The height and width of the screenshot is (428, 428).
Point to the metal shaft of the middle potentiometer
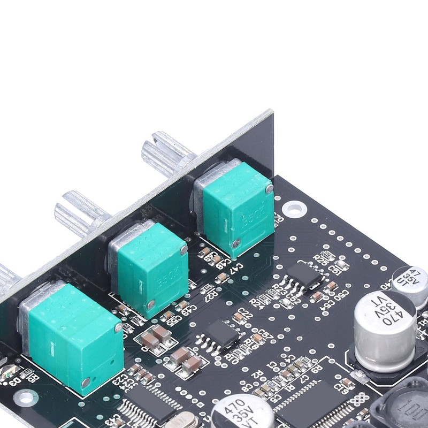click(x=80, y=211)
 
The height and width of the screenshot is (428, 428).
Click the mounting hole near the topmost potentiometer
click(x=293, y=208)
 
